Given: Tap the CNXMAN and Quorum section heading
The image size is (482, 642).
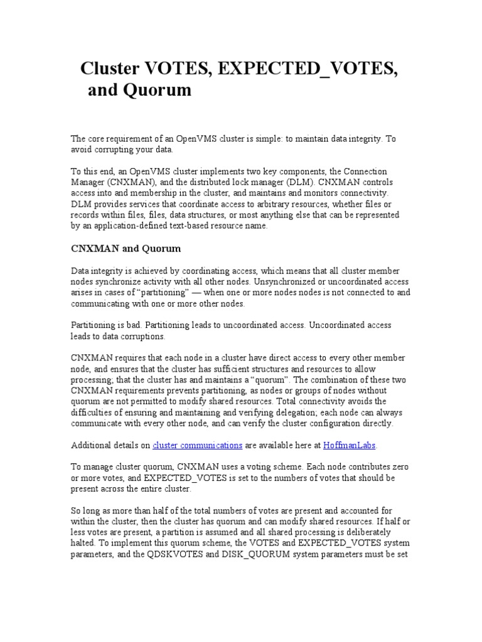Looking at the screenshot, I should (126, 249).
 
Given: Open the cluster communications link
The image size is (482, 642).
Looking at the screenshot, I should (197, 445).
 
